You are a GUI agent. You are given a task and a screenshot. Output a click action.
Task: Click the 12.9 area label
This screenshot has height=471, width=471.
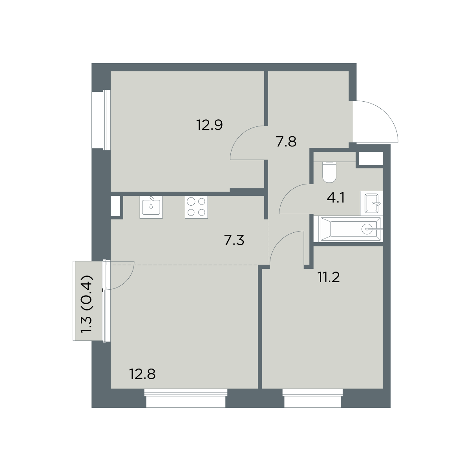tap(210, 125)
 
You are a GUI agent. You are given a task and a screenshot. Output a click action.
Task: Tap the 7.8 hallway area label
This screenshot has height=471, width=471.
tap(286, 142)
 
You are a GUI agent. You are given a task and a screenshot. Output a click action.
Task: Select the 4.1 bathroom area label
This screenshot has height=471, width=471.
tap(336, 198)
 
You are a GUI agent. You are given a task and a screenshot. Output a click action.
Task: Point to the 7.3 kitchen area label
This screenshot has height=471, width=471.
tap(234, 241)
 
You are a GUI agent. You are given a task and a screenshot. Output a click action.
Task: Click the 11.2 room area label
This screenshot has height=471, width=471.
tap(329, 277)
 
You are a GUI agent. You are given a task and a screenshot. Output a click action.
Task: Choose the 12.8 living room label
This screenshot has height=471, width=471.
tap(142, 374)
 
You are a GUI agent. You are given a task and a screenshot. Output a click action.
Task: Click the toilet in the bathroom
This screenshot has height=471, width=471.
tap(329, 172)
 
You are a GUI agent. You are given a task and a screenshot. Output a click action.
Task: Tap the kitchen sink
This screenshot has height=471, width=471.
tap(151, 207)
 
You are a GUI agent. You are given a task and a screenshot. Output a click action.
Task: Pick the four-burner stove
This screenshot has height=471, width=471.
tap(196, 207)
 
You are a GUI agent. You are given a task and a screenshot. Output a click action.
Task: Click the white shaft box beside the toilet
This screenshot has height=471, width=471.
tap(371, 159)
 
